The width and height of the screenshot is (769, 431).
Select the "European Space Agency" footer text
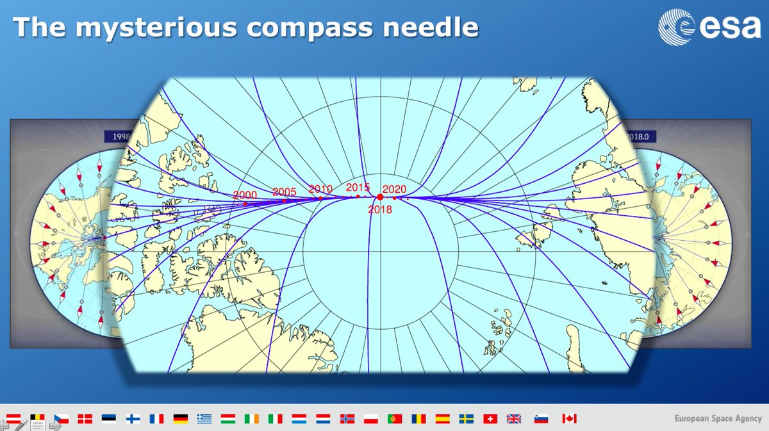click(x=717, y=419)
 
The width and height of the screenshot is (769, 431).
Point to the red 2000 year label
click(x=245, y=195)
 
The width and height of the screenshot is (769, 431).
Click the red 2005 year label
click(x=284, y=191)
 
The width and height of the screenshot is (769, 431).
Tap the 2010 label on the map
click(x=320, y=188)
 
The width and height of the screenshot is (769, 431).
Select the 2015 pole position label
click(x=358, y=187)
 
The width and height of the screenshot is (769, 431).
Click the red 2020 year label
click(x=394, y=189)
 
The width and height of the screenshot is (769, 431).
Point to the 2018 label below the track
click(x=379, y=209)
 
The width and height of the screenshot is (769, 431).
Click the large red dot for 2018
click(x=380, y=197)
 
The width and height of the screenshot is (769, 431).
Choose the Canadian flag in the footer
click(x=569, y=419)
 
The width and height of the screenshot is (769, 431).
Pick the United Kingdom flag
click(x=514, y=419)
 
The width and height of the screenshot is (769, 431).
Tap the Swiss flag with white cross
click(x=490, y=419)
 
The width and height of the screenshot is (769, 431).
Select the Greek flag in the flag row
click(x=204, y=419)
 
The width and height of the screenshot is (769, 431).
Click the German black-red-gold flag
click(x=181, y=419)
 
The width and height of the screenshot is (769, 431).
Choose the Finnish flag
click(x=133, y=419)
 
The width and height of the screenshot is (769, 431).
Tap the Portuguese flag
click(x=395, y=419)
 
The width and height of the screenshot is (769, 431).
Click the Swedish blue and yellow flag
click(x=466, y=419)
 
